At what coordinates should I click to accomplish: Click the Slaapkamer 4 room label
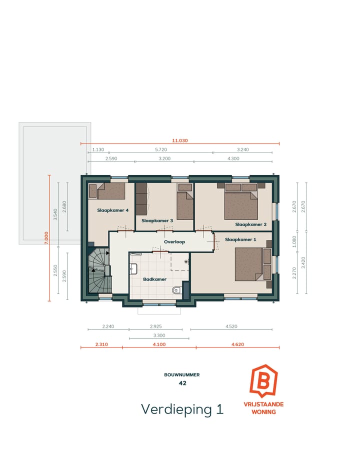(x=113, y=210)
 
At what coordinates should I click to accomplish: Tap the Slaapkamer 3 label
(x=157, y=220)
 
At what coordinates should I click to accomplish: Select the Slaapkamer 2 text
(x=250, y=224)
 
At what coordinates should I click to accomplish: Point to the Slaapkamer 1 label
(x=240, y=239)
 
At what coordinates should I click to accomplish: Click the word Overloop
(x=174, y=242)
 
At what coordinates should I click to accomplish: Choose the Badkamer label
(x=151, y=279)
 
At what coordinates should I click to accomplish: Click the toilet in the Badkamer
(x=175, y=290)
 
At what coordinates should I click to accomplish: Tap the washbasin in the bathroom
(x=134, y=268)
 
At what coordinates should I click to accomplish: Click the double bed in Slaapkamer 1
(x=248, y=263)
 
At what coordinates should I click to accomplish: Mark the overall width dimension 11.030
(x=180, y=140)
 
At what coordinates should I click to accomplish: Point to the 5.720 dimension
(x=160, y=149)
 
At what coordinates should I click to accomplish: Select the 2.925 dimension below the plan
(x=155, y=326)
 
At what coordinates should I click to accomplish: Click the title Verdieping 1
(x=182, y=408)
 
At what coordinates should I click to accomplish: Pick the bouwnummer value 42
(x=182, y=383)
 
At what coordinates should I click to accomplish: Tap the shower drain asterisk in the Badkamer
(x=186, y=261)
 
